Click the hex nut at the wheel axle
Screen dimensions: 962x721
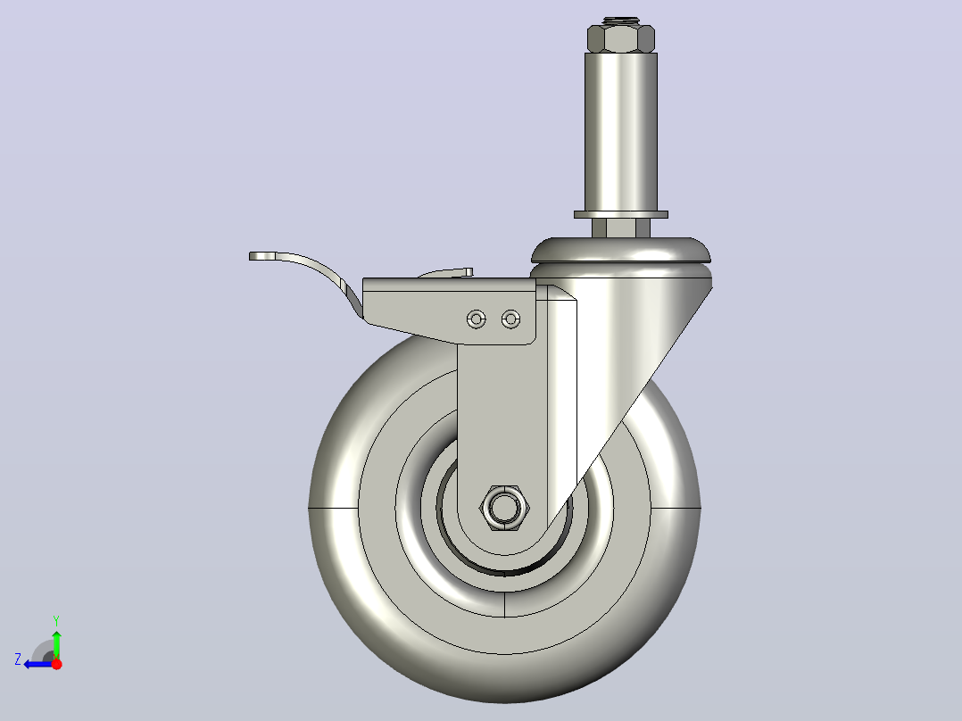tap(504, 508)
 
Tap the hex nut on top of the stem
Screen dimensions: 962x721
tap(621, 38)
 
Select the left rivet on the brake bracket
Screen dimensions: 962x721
tap(477, 319)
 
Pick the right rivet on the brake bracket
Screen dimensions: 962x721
tap(510, 319)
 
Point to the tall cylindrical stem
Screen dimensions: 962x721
tap(621, 132)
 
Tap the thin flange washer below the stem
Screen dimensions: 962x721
tap(621, 215)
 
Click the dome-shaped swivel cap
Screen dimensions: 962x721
tap(621, 251)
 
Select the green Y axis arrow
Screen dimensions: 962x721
tap(56, 644)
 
